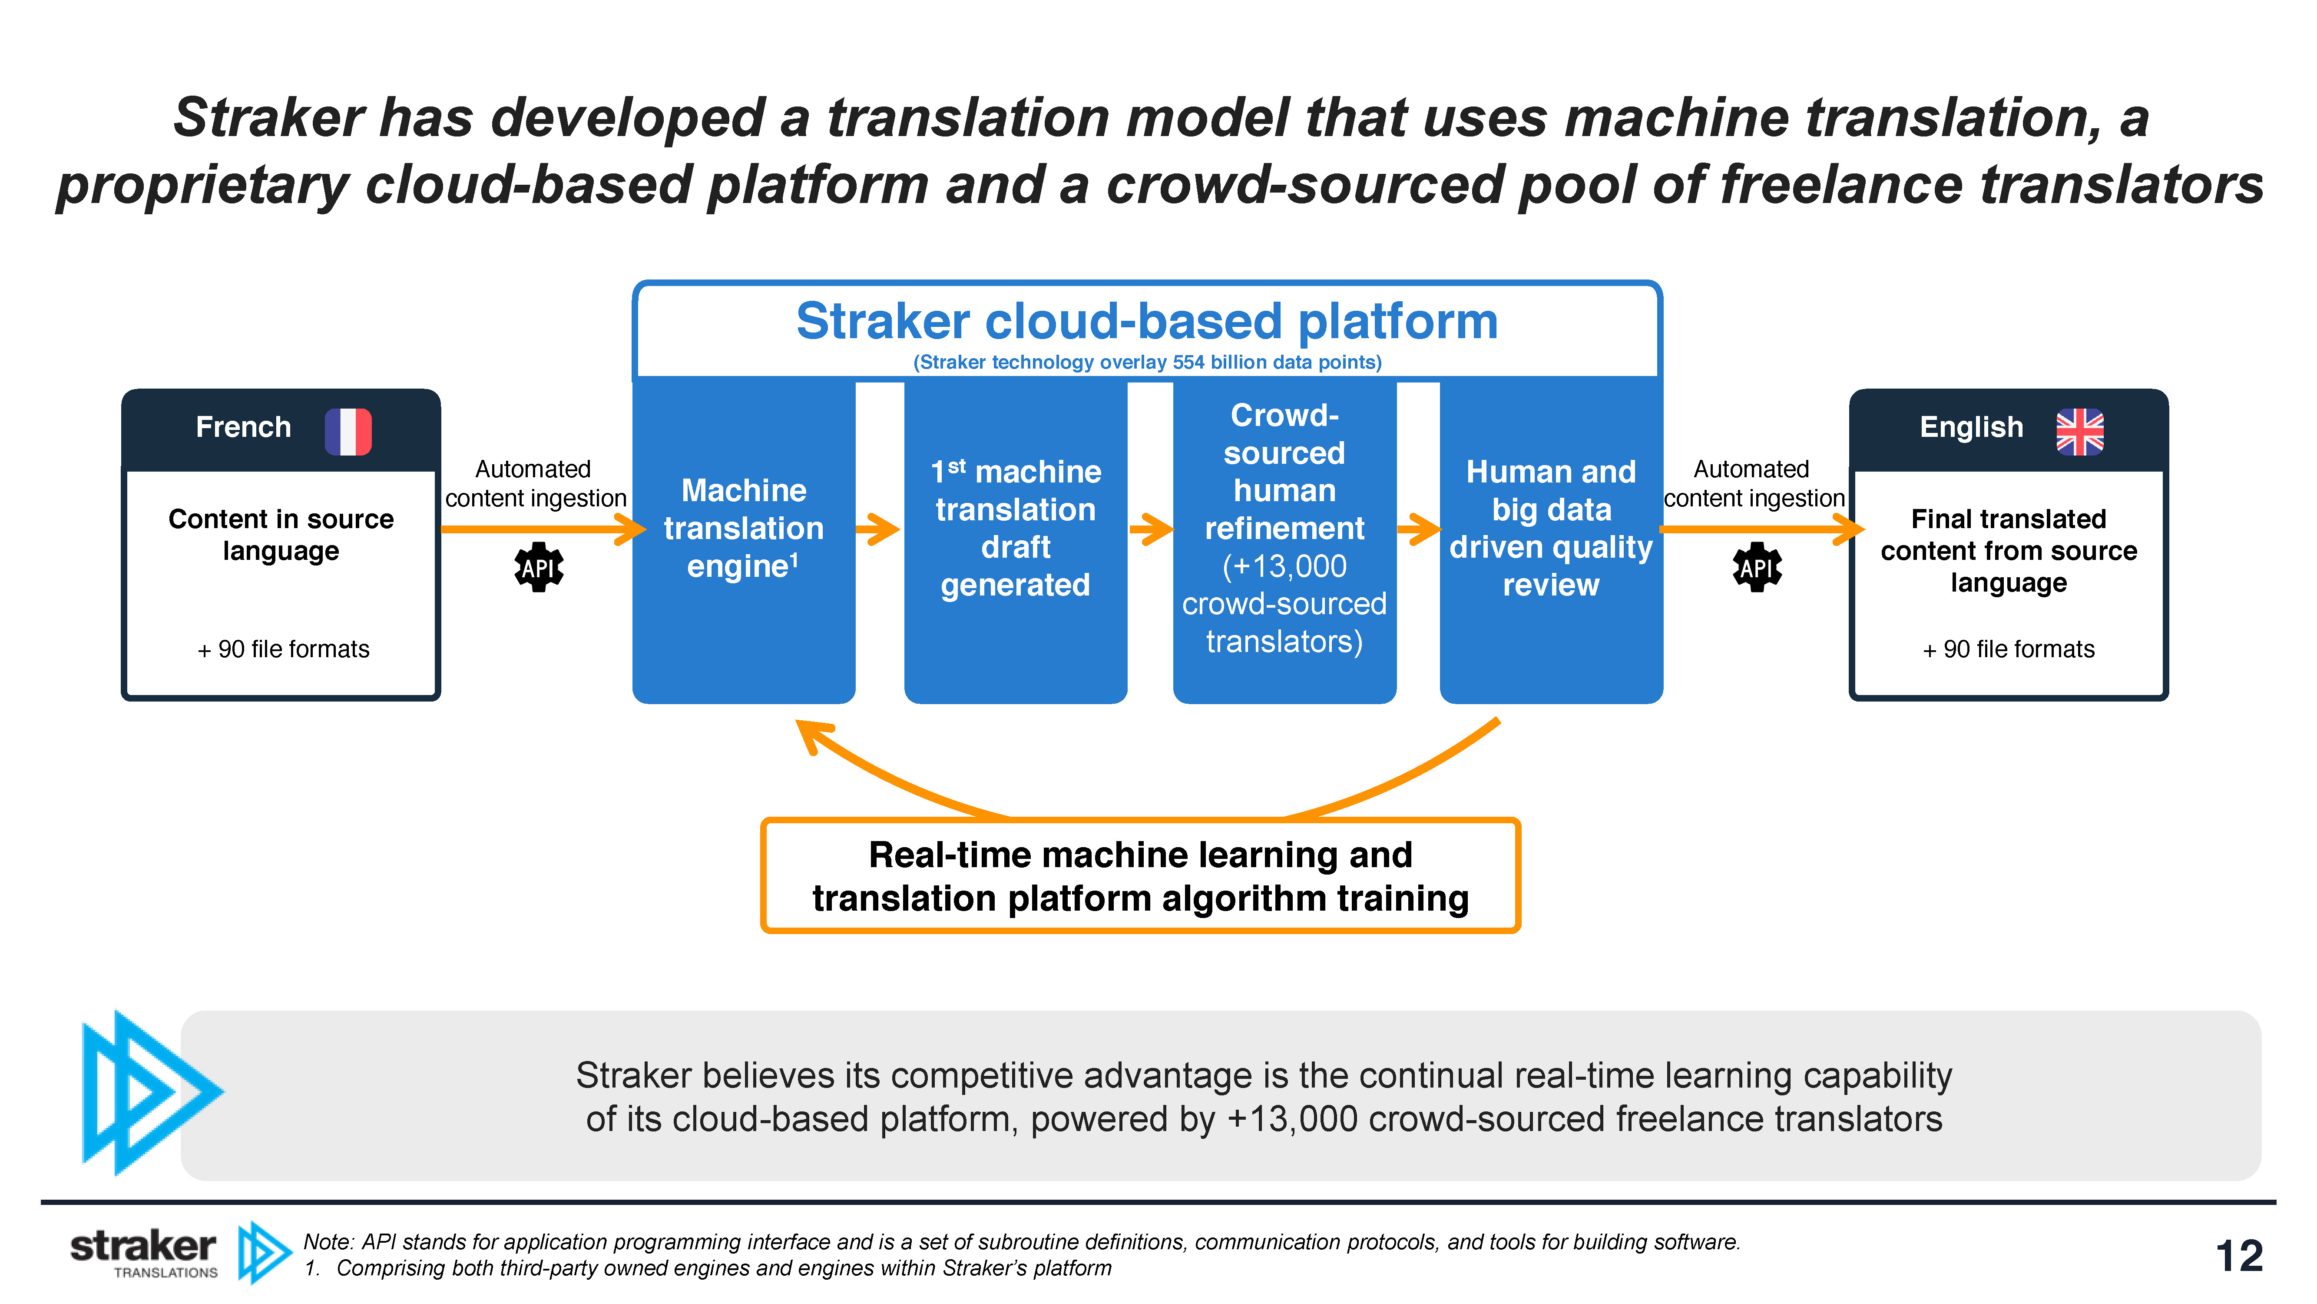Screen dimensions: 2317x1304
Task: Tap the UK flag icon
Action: (2079, 431)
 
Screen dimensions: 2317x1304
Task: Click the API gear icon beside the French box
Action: (539, 567)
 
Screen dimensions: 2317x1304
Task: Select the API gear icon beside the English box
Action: (1757, 567)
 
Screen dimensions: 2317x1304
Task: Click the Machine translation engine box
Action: (744, 540)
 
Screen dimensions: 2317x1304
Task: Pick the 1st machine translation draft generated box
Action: (1016, 540)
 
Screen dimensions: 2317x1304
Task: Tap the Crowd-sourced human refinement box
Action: (1284, 540)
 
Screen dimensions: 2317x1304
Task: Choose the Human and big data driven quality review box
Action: (1552, 540)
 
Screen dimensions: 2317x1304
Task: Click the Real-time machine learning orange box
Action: (1141, 875)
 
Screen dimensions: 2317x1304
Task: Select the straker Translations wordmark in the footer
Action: (144, 1253)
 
